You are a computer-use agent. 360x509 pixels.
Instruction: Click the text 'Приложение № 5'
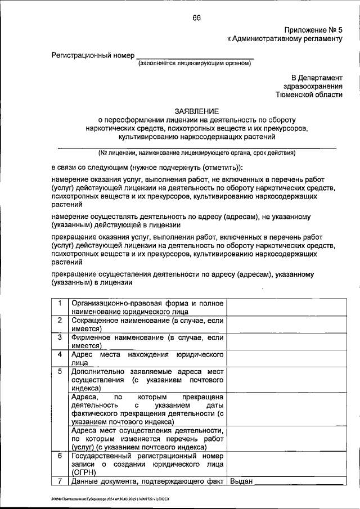tap(313, 29)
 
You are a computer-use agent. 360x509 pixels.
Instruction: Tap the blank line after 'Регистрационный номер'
tap(195, 56)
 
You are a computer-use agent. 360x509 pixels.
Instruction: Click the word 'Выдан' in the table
tap(242, 481)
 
